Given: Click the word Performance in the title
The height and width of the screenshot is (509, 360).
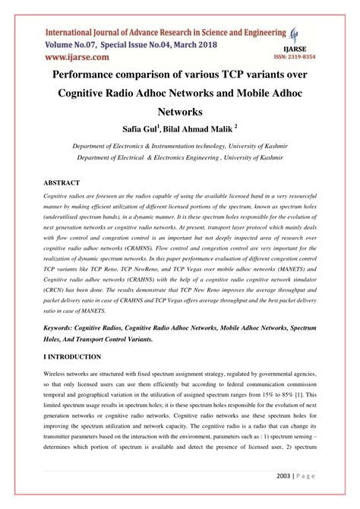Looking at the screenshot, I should (94, 76).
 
